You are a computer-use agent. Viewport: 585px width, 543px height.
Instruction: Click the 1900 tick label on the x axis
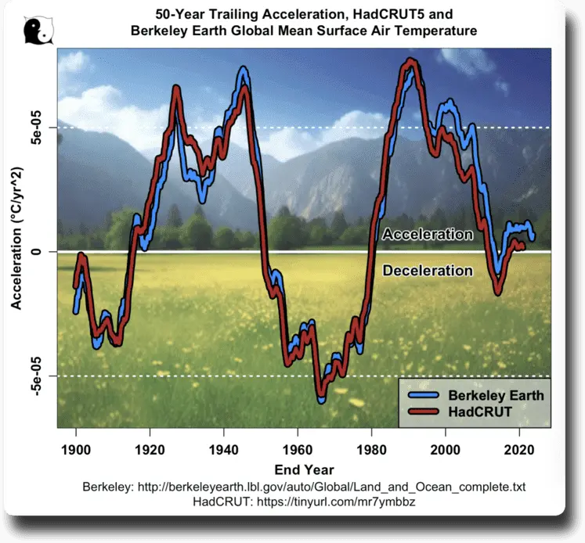(x=76, y=449)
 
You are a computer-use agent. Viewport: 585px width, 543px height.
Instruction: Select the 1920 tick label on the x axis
(x=150, y=449)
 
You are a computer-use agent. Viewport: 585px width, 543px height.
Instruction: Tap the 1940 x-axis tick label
(x=224, y=449)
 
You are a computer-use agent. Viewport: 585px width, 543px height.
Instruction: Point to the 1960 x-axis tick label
(x=298, y=449)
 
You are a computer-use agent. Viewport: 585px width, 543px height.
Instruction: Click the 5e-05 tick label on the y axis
(x=38, y=128)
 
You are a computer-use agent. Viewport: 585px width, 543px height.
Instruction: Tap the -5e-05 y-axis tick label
(x=38, y=376)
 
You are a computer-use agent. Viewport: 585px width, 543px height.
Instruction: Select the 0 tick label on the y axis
(x=38, y=252)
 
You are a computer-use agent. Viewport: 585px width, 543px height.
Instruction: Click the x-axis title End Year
(x=305, y=469)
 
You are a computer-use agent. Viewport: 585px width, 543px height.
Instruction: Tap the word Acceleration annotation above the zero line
(x=428, y=235)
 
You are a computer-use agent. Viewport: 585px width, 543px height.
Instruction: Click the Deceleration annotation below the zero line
(x=428, y=271)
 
